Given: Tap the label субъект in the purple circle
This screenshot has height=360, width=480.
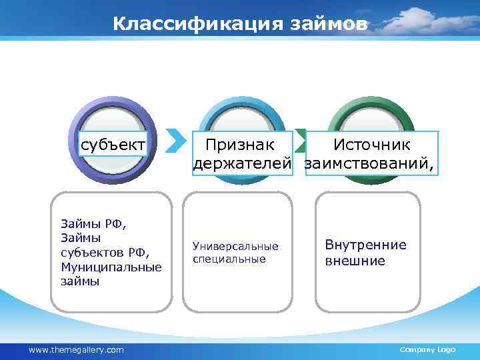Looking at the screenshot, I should click(x=112, y=145).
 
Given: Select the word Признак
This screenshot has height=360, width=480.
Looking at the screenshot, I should click(x=239, y=145).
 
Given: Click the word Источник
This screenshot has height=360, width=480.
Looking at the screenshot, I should click(x=372, y=145).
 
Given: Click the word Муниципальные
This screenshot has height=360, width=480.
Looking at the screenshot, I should click(x=111, y=267).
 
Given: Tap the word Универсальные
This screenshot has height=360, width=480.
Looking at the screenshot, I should click(x=235, y=247).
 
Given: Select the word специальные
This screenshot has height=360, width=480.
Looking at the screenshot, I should click(x=229, y=259).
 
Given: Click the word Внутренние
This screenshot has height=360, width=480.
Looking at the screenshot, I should click(x=365, y=245).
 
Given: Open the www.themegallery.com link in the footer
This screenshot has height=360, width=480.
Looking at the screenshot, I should click(x=76, y=350).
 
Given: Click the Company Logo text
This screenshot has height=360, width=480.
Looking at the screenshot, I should click(x=427, y=350).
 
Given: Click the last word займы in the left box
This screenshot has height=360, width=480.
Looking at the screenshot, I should click(x=80, y=281).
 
